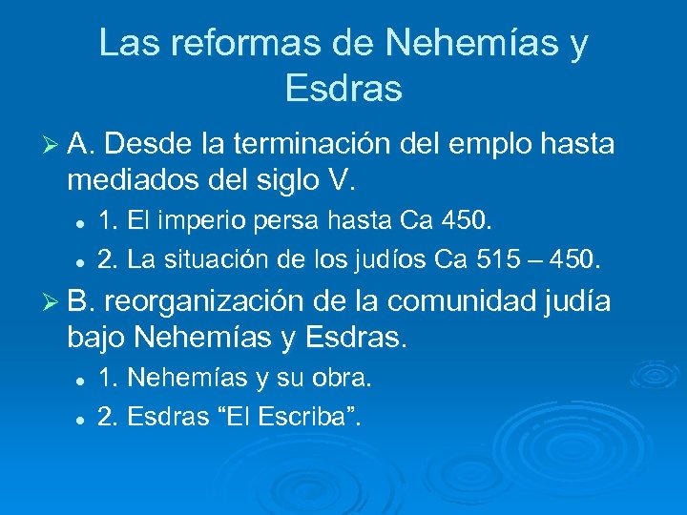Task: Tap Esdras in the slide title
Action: pyautogui.click(x=343, y=89)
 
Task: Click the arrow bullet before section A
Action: pyautogui.click(x=52, y=145)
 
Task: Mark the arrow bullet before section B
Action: pyautogui.click(x=52, y=301)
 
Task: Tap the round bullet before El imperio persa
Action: pyautogui.click(x=81, y=222)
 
